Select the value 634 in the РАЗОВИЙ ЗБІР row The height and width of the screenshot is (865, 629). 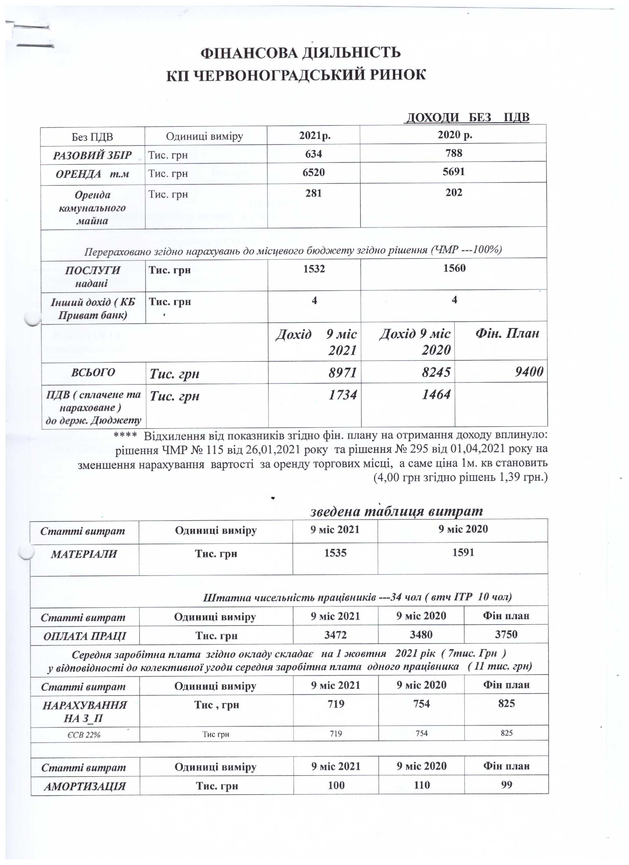pos(314,154)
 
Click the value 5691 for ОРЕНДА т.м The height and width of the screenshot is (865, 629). pos(453,172)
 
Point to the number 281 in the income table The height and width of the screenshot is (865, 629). pos(314,193)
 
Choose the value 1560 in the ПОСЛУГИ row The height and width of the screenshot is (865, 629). pos(454,268)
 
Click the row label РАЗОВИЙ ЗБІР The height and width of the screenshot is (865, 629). pos(92,155)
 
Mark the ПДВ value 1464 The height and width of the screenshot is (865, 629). pos(436,394)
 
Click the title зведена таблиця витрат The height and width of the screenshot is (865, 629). pos(396,511)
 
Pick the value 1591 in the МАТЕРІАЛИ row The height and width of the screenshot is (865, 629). pos(463,552)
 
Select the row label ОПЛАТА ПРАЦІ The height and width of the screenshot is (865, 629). pos(84,636)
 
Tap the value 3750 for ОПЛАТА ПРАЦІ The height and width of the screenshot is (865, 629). pos(506,634)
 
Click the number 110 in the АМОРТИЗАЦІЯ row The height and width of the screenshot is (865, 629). pos(422,785)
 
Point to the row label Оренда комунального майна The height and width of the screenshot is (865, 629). pos(92,208)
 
